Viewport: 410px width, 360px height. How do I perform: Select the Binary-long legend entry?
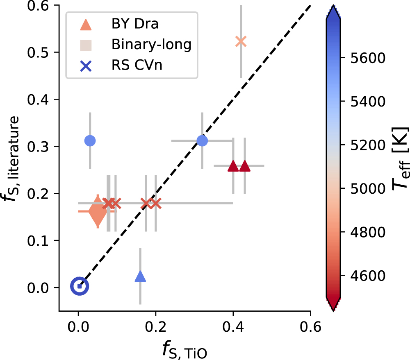tap(151, 45)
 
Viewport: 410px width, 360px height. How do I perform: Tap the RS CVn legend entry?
tap(137, 65)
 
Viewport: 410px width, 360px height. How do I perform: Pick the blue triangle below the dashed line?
tap(140, 277)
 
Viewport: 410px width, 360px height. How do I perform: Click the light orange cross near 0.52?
tap(241, 41)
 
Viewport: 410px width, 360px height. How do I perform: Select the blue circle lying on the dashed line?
tap(202, 140)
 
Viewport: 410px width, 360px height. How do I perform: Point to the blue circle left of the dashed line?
tap(90, 140)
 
